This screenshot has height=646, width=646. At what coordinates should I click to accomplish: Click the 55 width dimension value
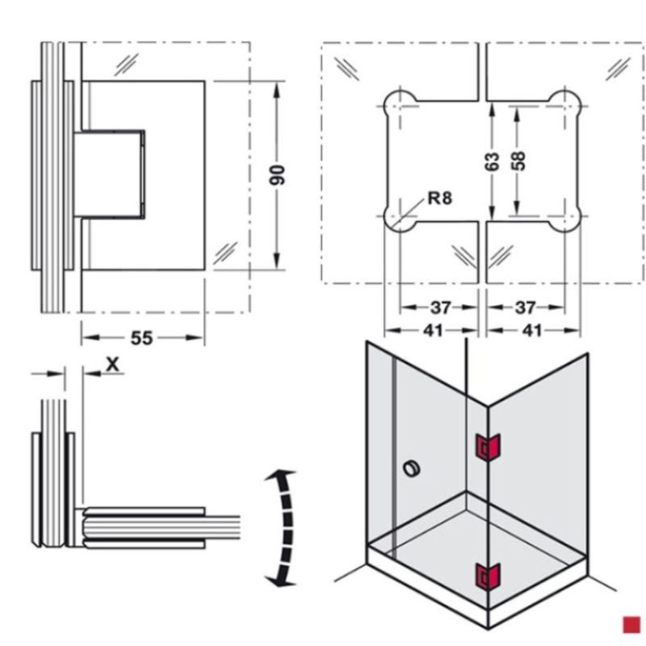point(141,338)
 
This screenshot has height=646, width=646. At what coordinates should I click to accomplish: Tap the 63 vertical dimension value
point(493,161)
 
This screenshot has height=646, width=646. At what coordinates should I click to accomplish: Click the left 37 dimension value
point(440,308)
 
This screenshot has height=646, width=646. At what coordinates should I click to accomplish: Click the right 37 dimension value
point(526,308)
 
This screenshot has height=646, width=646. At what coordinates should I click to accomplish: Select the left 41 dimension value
point(434,331)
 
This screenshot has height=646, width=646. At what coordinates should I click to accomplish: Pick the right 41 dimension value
point(532,331)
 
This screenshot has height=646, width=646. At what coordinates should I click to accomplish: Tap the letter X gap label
point(113,364)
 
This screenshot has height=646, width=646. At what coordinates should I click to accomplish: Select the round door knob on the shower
point(410,468)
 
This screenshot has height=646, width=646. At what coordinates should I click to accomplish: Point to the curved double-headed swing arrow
point(280,526)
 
